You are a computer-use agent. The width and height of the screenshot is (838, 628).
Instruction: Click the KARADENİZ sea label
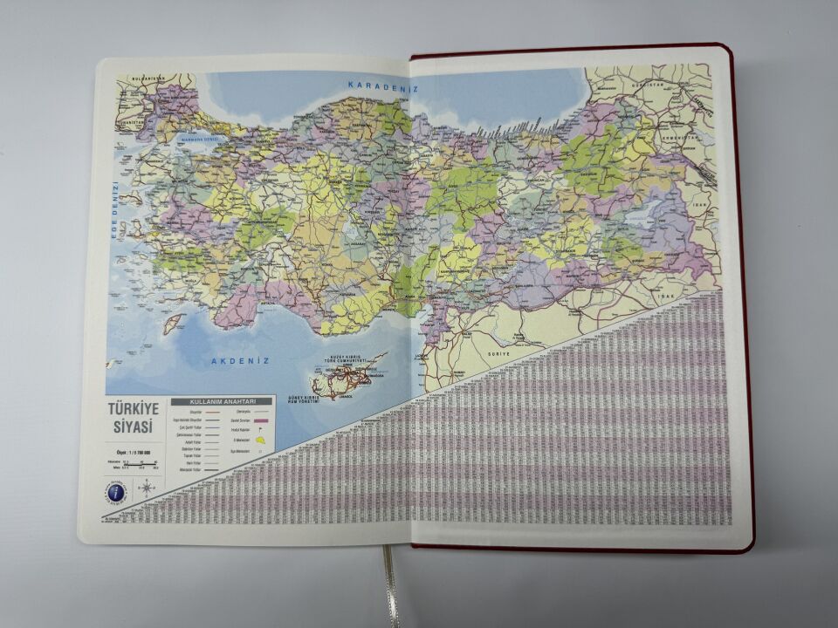(378, 85)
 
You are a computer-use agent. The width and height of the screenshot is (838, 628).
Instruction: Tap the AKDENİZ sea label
(240, 359)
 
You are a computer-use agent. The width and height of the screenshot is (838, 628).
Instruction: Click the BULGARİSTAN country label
(148, 78)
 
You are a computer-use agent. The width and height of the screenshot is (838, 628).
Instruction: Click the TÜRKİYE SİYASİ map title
(130, 418)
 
